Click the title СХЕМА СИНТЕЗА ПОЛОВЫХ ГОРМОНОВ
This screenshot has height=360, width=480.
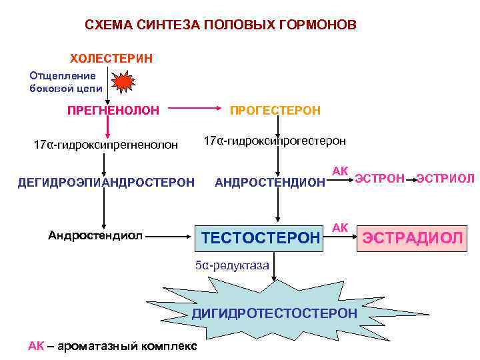pos(221,25)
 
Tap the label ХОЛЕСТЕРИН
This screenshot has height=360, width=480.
pos(112,58)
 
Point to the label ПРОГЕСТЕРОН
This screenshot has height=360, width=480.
pos(275,109)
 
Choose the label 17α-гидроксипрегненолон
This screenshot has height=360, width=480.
pos(106,145)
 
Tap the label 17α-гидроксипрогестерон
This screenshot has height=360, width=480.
pos(275,141)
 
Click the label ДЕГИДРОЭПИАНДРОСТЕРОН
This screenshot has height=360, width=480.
pos(106,181)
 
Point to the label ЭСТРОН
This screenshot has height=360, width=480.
pos(380,178)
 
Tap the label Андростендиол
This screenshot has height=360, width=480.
pos(95,234)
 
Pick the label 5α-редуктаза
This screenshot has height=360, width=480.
pos(232,265)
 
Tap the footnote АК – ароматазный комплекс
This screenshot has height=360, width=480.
pos(112,345)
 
